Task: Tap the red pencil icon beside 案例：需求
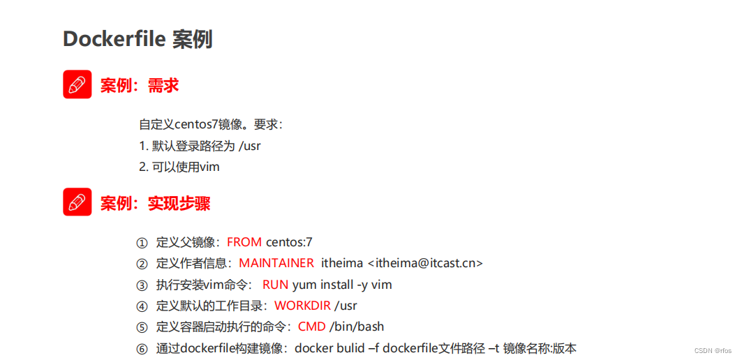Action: tap(77, 84)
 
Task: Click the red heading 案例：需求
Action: tap(140, 85)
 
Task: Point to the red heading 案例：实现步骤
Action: tap(155, 203)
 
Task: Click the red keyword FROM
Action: tap(244, 242)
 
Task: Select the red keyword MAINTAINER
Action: tap(276, 263)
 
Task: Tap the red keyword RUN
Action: tap(275, 285)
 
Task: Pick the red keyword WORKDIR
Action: tap(302, 306)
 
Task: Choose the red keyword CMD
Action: tap(311, 327)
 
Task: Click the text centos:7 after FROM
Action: tap(289, 242)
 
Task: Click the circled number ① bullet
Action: tap(142, 243)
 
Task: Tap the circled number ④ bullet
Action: tap(142, 306)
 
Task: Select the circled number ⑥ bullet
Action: tap(142, 349)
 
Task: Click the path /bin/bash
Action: tap(357, 327)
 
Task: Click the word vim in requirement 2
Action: tap(210, 167)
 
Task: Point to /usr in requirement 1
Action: tap(250, 146)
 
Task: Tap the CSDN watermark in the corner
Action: tap(713, 350)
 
